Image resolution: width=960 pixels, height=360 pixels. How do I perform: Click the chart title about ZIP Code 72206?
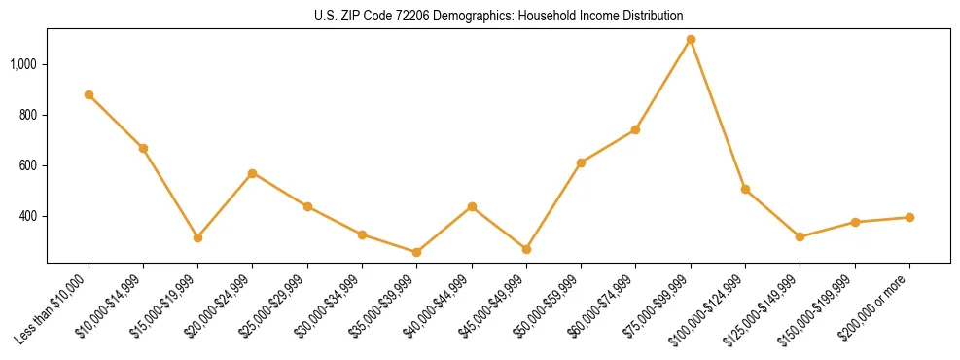[498, 16]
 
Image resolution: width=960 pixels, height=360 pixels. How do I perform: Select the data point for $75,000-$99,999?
[691, 40]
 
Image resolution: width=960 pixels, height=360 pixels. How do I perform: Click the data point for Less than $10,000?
[89, 95]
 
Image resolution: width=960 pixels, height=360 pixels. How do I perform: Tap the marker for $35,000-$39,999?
[417, 253]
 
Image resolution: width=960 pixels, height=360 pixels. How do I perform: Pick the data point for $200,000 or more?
[909, 218]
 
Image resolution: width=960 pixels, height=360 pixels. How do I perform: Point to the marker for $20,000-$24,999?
[253, 173]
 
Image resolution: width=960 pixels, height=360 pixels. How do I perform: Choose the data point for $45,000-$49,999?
[526, 250]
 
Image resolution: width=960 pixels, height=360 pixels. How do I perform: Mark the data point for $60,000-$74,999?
[636, 129]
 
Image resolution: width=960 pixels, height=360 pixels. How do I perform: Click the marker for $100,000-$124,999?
[745, 190]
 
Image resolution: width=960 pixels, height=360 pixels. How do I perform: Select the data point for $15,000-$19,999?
[198, 237]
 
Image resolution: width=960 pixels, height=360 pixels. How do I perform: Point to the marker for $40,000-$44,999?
[472, 207]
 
